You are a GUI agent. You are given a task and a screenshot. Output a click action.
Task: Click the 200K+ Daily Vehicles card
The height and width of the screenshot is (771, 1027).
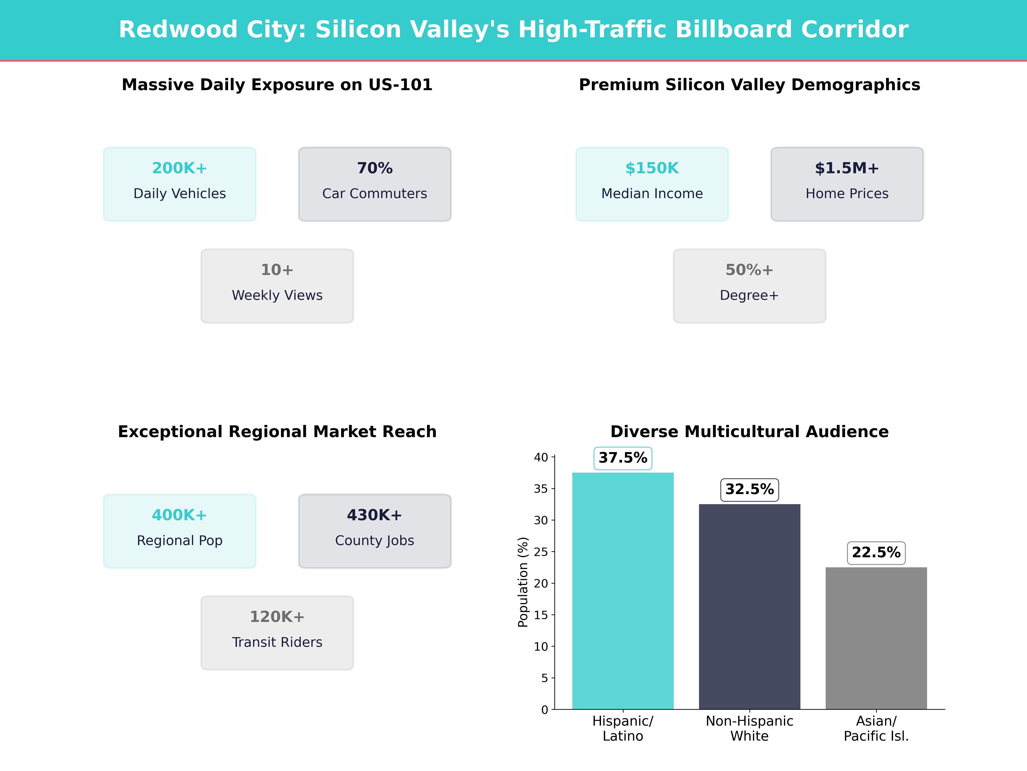[180, 184]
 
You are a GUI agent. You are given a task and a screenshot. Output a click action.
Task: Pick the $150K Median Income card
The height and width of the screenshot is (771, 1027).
[652, 184]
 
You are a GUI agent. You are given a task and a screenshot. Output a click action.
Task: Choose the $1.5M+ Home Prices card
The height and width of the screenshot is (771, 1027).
[847, 184]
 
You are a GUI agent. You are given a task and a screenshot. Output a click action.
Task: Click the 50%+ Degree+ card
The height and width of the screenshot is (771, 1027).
[749, 286]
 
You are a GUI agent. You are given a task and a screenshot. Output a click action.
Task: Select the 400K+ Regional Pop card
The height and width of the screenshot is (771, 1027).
[180, 531]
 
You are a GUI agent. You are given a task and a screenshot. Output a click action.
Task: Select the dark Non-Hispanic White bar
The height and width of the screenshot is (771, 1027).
[749, 607]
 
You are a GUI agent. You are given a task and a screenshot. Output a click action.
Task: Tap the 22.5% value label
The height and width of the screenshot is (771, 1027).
[876, 553]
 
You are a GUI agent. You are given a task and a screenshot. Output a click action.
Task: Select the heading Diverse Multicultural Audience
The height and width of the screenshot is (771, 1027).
[749, 432]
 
